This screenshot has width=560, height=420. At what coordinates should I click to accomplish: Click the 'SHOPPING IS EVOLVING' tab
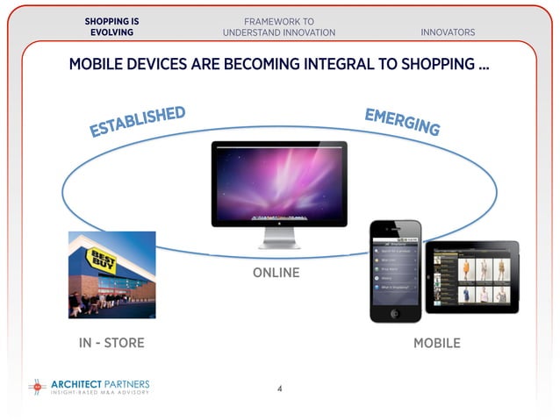(111, 26)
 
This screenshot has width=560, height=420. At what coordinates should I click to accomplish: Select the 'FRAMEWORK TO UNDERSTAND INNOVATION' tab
(279, 26)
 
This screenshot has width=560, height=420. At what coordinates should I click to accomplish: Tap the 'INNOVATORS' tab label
(448, 32)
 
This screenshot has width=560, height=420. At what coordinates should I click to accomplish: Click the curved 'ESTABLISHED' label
(138, 123)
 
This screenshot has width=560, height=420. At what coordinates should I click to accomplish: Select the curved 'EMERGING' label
(402, 122)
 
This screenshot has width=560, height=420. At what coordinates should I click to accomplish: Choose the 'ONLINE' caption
(276, 273)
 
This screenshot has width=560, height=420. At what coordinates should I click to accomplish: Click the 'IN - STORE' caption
(111, 343)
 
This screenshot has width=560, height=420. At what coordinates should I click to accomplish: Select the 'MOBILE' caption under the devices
(436, 343)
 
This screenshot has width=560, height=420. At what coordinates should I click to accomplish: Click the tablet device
(471, 276)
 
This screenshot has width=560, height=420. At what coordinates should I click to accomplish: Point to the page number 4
(279, 388)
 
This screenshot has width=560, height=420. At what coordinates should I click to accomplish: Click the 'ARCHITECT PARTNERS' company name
(100, 383)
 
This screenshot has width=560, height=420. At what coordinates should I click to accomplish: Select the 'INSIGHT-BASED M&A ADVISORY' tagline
(99, 392)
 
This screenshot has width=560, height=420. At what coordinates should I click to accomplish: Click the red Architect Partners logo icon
(36, 386)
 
